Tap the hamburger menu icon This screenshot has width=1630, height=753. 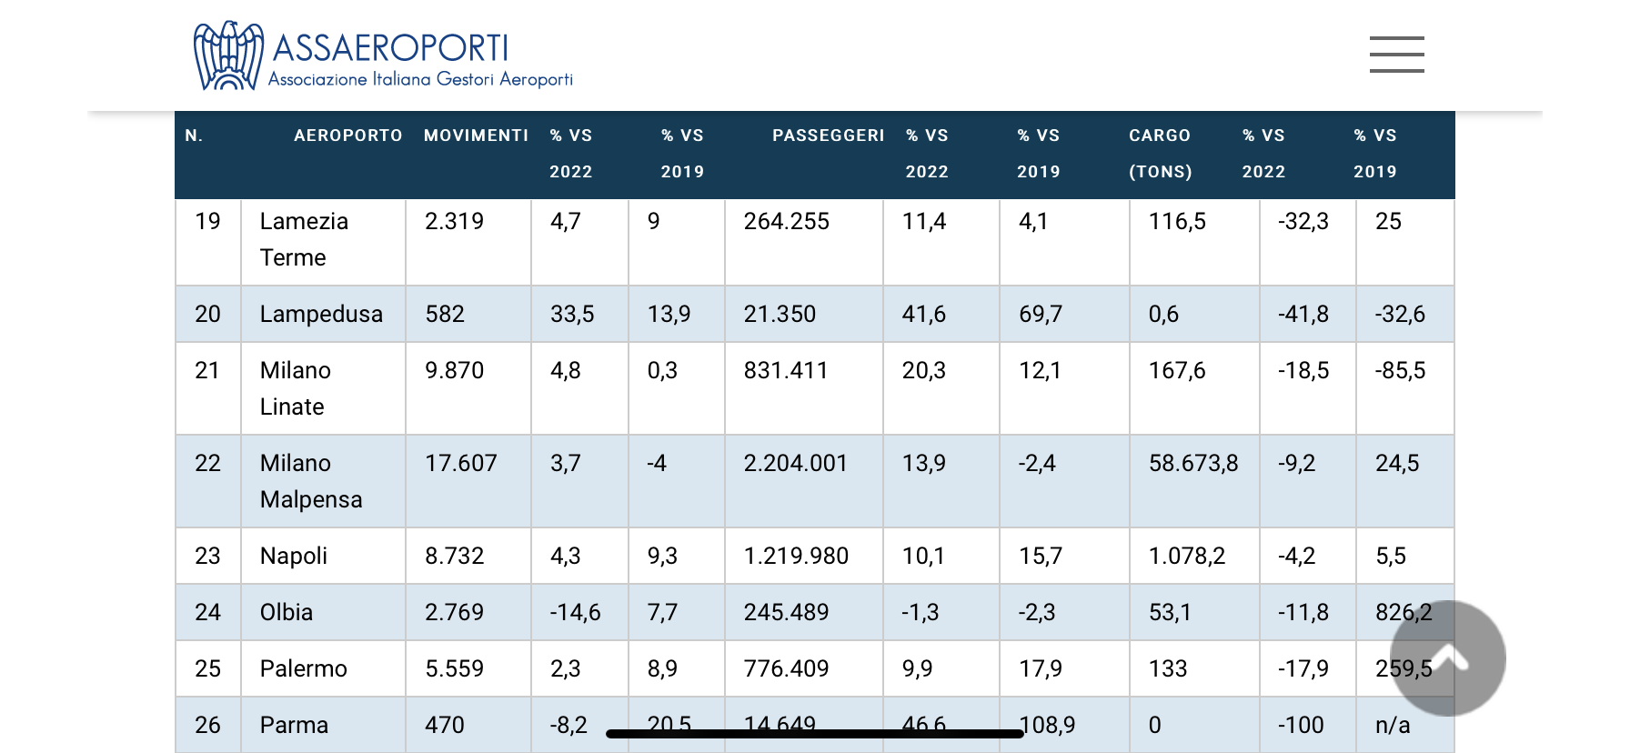pos(1396,55)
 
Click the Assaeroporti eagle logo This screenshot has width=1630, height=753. pos(228,55)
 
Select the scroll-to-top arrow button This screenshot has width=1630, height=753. pos(1447,658)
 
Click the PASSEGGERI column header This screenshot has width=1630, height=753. pos(828,136)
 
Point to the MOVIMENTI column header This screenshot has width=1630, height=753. pos(476,136)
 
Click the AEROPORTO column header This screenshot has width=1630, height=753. pos(347,136)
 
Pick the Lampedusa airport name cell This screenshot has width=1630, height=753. pos(321,314)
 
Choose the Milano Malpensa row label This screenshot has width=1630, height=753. pos(310,481)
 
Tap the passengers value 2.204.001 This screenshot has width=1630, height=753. pos(795,463)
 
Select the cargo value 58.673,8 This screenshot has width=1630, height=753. pos(1192,463)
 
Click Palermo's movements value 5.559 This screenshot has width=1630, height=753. pos(454,668)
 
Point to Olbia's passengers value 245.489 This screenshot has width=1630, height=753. pos(786,612)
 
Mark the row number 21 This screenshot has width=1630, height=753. pos(207,370)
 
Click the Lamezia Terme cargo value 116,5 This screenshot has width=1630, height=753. pos(1177,221)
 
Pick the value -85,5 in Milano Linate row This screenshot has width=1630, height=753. pos(1400,370)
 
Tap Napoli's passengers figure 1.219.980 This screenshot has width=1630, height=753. pos(796,556)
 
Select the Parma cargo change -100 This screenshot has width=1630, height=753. pos(1301,725)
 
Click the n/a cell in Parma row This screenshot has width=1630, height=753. pos(1393,725)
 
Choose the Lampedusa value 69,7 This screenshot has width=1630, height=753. pos(1041,314)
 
